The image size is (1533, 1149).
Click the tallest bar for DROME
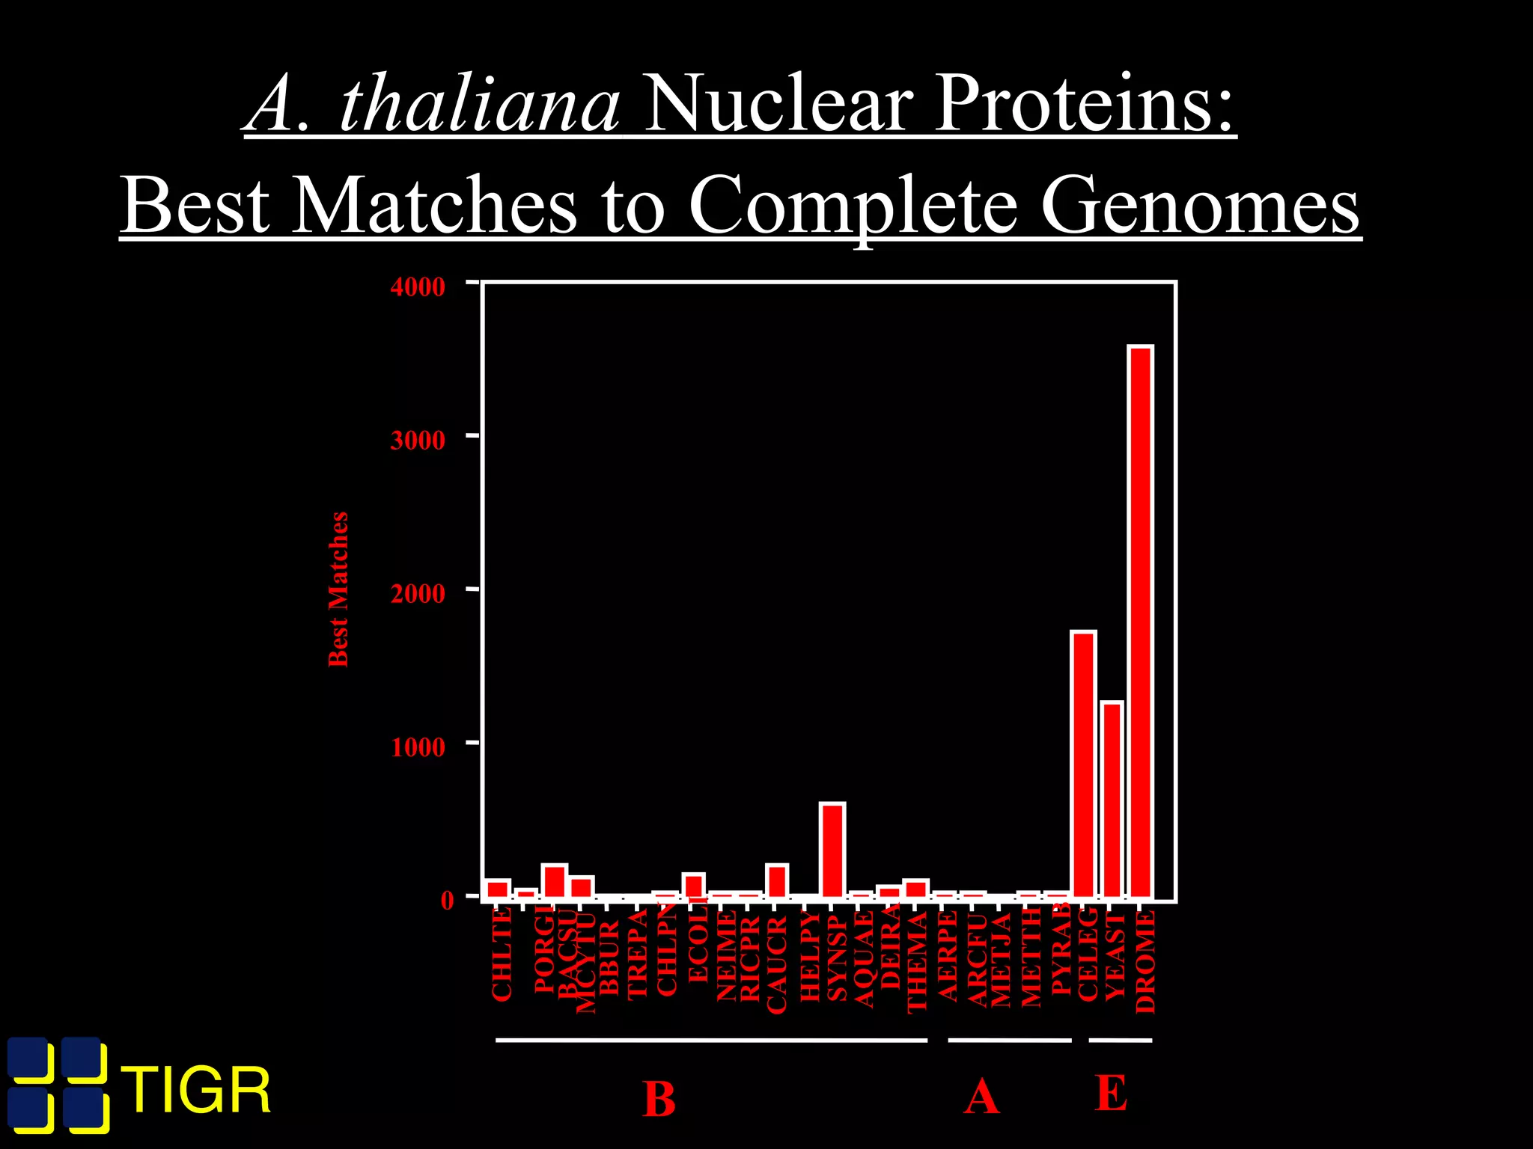(x=1141, y=621)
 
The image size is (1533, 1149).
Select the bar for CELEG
(x=1083, y=763)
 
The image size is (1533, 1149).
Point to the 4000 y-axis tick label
(x=418, y=287)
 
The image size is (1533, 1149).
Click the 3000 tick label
(x=418, y=440)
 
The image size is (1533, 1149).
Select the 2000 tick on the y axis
(x=418, y=593)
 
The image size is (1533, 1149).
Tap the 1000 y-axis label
(x=418, y=747)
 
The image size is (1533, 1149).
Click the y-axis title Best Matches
(x=338, y=589)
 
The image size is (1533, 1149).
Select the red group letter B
(x=659, y=1099)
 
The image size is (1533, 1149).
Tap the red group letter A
(x=981, y=1097)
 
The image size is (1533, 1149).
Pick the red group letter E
(x=1112, y=1094)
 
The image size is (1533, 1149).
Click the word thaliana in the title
(x=479, y=105)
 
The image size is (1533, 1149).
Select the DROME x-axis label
(x=1145, y=961)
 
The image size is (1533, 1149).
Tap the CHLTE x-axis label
(x=502, y=954)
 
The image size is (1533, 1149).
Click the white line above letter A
(x=1009, y=1040)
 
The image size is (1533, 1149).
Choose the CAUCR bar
(x=777, y=881)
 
